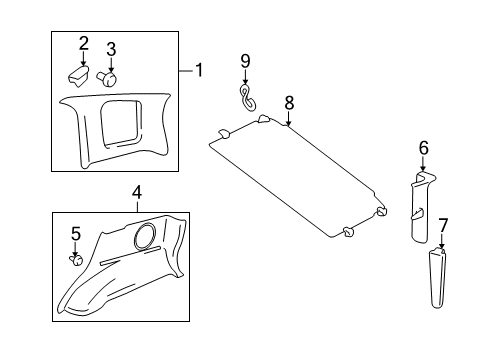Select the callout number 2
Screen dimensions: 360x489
click(x=83, y=43)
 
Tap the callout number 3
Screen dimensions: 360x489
click(x=111, y=48)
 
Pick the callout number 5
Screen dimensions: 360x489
click(x=74, y=234)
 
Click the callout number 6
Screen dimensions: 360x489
click(x=423, y=147)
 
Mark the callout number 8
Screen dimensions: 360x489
click(x=288, y=102)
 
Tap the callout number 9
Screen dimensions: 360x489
click(x=245, y=61)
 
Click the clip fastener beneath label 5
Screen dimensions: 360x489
click(x=74, y=259)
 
